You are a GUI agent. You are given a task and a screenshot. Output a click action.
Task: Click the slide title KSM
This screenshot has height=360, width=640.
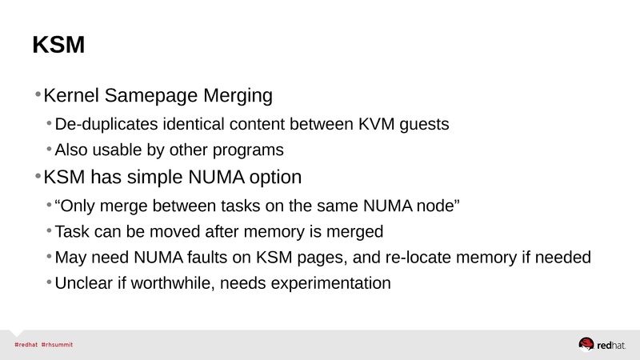(x=58, y=46)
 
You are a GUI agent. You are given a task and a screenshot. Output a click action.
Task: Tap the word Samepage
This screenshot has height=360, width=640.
(x=143, y=96)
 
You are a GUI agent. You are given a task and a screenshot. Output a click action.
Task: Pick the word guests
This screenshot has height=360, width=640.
(x=422, y=126)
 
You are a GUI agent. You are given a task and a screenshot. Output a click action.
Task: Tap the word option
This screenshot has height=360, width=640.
(x=274, y=177)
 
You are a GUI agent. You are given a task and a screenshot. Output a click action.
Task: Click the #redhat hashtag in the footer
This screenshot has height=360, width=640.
(x=26, y=344)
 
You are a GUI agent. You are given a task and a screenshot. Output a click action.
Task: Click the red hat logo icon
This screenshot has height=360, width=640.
(x=586, y=344)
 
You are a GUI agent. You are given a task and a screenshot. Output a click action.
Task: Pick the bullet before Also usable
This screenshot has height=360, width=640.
(x=50, y=150)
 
